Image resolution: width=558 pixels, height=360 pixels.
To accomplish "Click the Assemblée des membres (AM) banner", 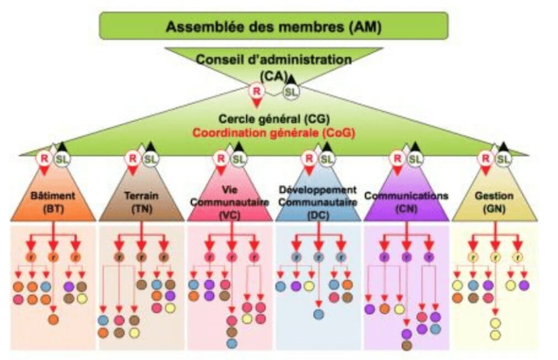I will [x=273, y=26].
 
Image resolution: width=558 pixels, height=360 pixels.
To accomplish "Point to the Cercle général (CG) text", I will [x=274, y=119].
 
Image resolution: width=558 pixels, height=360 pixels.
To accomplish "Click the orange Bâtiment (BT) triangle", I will [x=53, y=202].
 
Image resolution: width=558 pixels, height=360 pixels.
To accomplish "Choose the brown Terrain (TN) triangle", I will [x=141, y=202].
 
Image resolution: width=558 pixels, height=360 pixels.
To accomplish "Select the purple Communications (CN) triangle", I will [x=406, y=202].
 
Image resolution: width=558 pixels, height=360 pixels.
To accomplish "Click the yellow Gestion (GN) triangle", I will [x=494, y=202].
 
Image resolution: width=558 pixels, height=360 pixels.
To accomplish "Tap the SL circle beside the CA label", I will [x=291, y=92].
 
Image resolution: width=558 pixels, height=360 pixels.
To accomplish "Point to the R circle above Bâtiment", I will [x=44, y=158].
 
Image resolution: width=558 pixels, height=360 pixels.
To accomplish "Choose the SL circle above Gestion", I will [x=503, y=159].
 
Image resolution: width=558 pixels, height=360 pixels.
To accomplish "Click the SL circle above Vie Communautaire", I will [x=238, y=159].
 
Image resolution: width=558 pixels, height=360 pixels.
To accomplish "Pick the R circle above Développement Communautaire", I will [x=308, y=158].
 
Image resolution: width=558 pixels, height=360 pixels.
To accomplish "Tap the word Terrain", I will [x=141, y=195].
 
